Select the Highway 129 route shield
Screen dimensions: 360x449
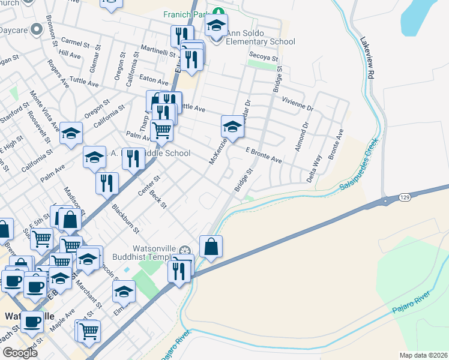coord(405,197)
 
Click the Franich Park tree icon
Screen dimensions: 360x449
coord(220,12)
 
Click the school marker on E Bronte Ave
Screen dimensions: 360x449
coord(232,127)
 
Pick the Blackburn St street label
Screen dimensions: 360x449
coord(125,219)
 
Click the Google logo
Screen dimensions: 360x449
coord(20,353)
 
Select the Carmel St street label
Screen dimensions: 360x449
coord(75,43)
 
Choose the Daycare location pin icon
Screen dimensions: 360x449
coord(36,29)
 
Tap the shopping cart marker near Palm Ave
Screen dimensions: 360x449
coord(161,130)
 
